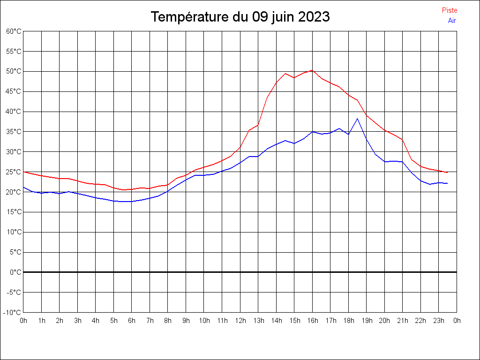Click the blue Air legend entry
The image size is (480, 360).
(x=452, y=21)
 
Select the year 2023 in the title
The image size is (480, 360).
(x=314, y=17)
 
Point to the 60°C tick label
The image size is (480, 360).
(x=14, y=31)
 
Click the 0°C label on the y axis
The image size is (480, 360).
(x=15, y=272)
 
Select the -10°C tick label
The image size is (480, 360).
(x=13, y=312)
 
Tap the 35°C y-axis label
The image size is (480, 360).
(x=14, y=132)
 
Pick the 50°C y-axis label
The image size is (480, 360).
(x=14, y=71)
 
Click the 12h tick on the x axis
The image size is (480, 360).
(x=240, y=321)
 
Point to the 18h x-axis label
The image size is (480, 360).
(x=348, y=321)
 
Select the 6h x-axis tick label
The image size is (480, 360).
(x=132, y=321)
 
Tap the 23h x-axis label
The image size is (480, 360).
(x=438, y=321)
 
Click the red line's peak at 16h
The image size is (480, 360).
(x=312, y=70)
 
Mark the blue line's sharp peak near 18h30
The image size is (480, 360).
(x=358, y=118)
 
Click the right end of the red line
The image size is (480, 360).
(x=447, y=172)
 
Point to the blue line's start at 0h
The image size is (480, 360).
(x=24, y=187)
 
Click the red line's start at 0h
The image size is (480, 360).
(x=24, y=172)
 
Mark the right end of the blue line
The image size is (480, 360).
(x=447, y=183)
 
